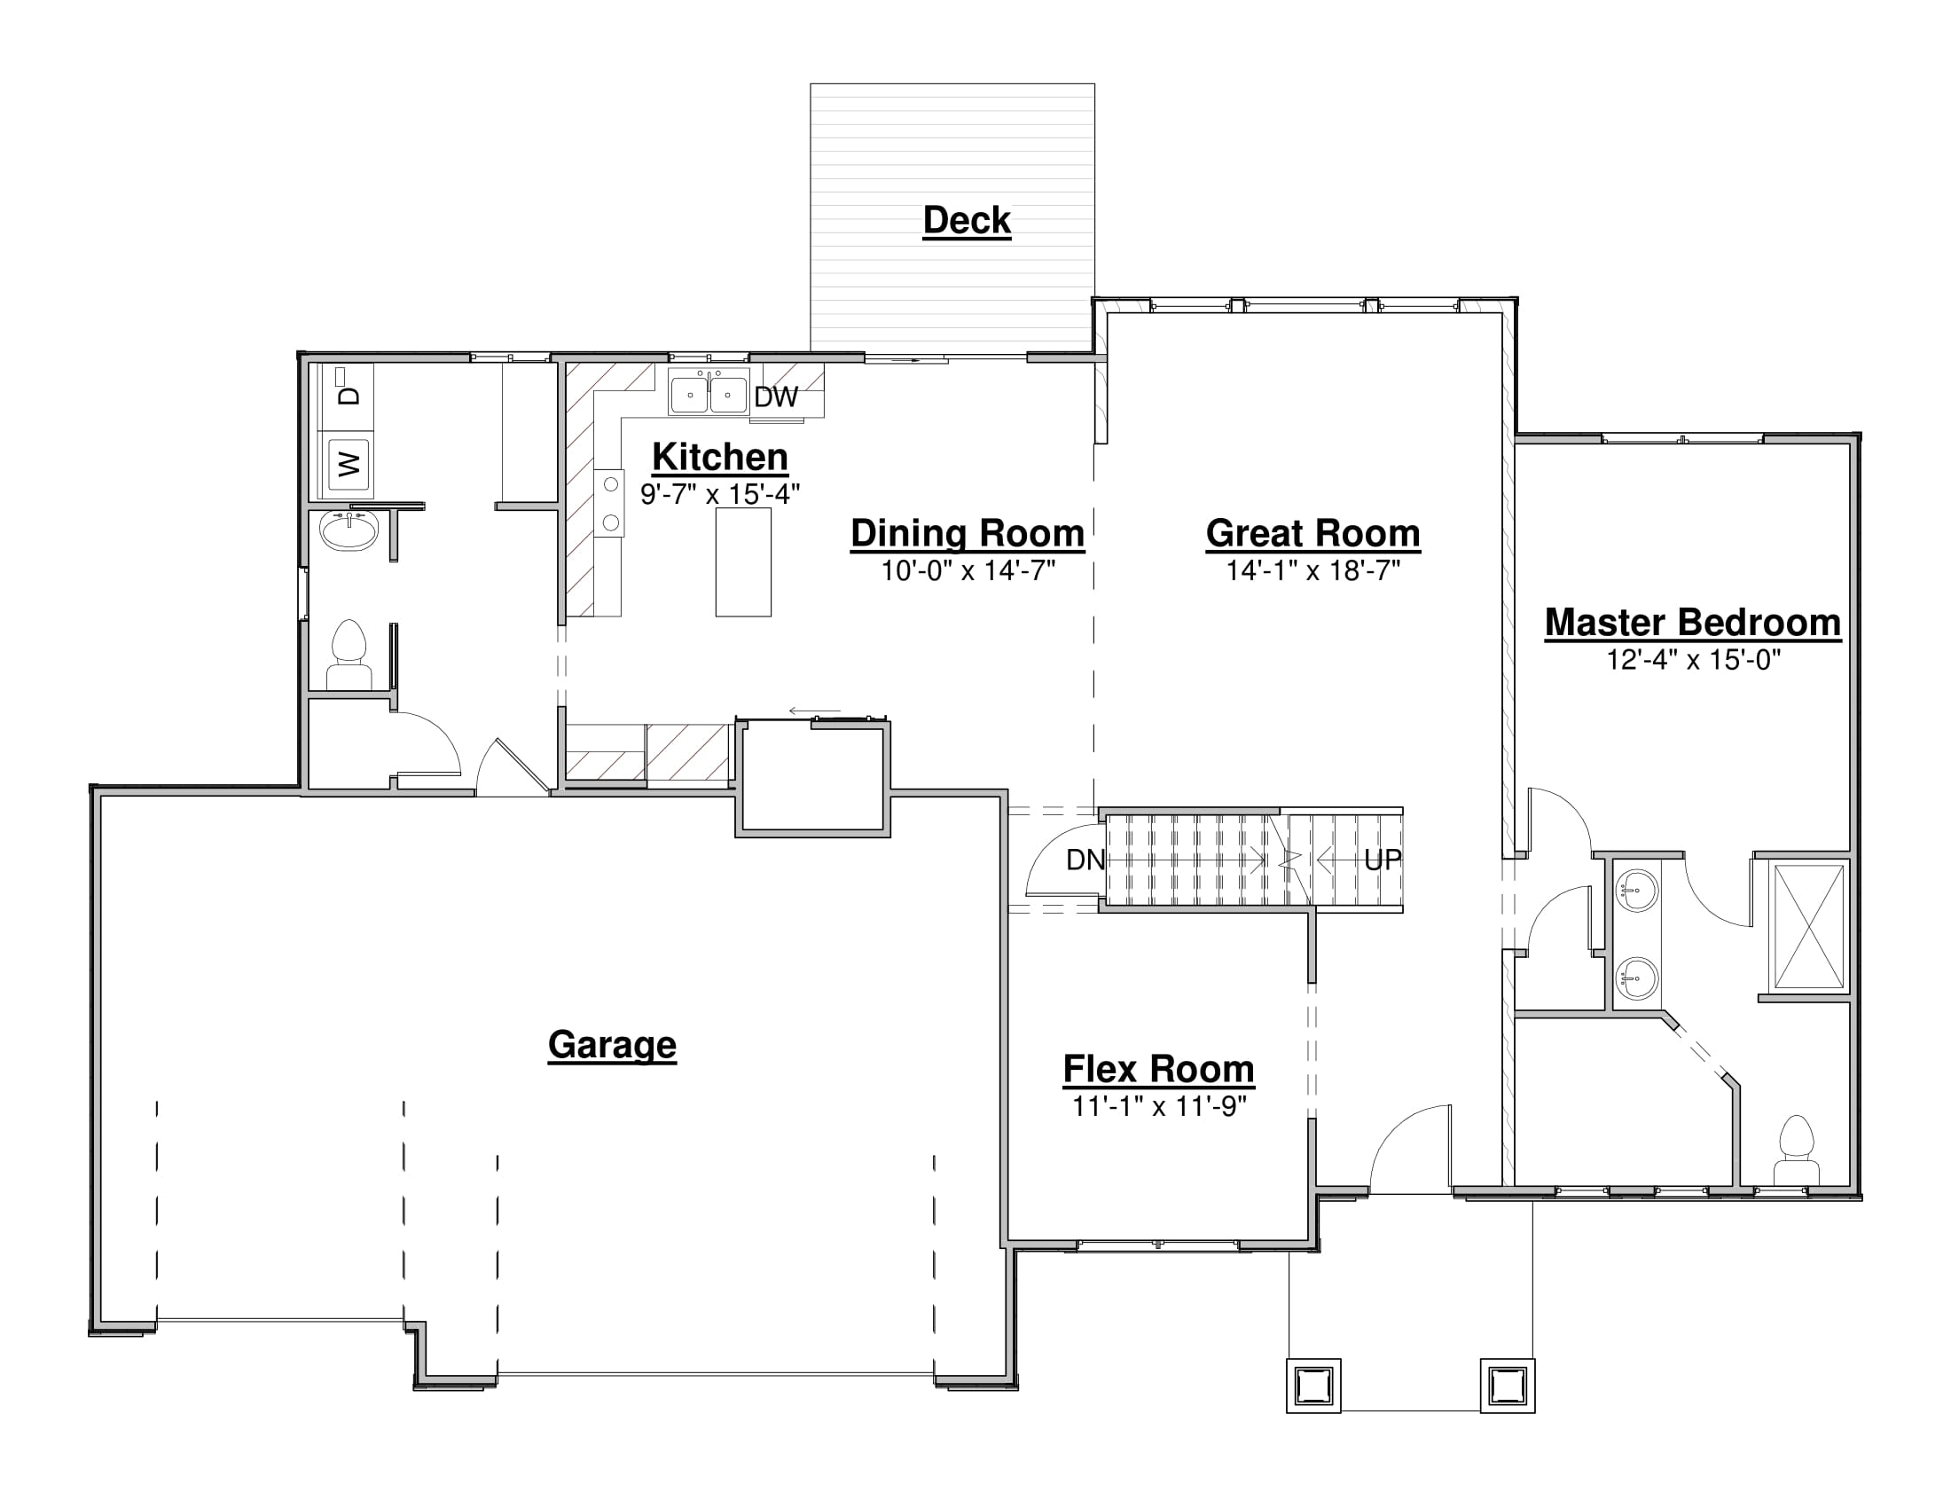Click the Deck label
[967, 221]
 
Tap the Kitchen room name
[720, 458]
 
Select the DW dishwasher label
[775, 397]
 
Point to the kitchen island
[743, 562]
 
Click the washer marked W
[349, 464]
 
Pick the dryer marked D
[347, 387]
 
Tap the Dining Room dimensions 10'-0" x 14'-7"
[968, 571]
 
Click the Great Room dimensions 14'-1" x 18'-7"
[1312, 571]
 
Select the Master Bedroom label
[1693, 623]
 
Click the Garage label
[612, 1044]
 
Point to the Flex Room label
[1159, 1069]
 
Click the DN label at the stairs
[1085, 860]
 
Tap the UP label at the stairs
[1383, 860]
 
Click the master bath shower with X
[1809, 926]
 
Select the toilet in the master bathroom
[1797, 1150]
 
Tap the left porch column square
[1313, 1386]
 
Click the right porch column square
[1508, 1386]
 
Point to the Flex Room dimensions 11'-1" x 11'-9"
[1159, 1107]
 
